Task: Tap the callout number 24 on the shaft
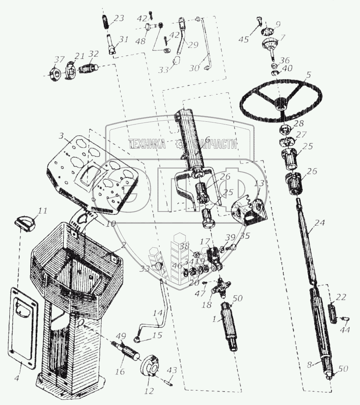319,223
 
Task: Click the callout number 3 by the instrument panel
61,136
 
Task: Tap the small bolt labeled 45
258,24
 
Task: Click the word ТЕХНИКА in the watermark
147,145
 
